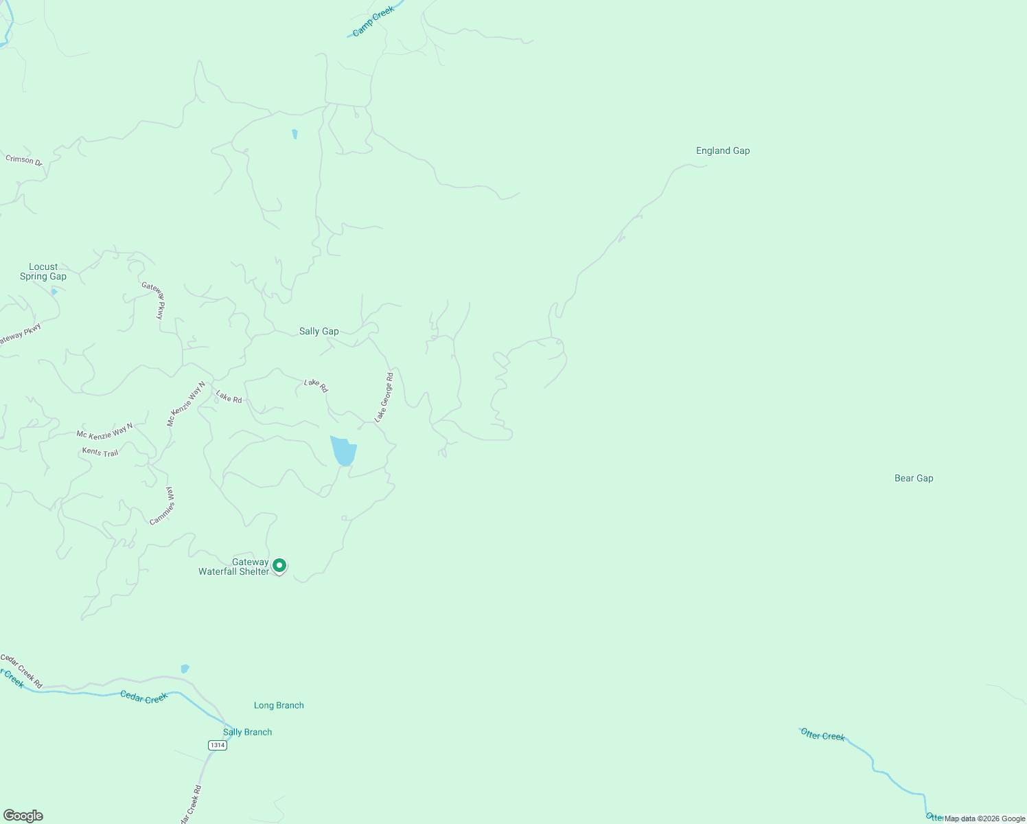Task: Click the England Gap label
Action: pyautogui.click(x=723, y=151)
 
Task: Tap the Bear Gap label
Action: pyautogui.click(x=914, y=479)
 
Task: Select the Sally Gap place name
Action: pyautogui.click(x=319, y=332)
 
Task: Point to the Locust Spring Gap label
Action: pyautogui.click(x=43, y=272)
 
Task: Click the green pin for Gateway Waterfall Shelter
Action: pyautogui.click(x=279, y=566)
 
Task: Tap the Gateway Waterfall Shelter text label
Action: pyautogui.click(x=234, y=567)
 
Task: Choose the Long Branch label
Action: pyautogui.click(x=279, y=705)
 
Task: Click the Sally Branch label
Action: pyautogui.click(x=247, y=732)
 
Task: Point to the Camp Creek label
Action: pyautogui.click(x=373, y=22)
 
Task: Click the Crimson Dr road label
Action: pyautogui.click(x=24, y=161)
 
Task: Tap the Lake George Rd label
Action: pyautogui.click(x=384, y=398)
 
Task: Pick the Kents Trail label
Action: pyautogui.click(x=100, y=453)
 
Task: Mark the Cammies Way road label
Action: pyautogui.click(x=163, y=507)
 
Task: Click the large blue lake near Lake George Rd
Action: pyautogui.click(x=343, y=450)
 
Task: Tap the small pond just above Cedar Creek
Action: pyautogui.click(x=184, y=669)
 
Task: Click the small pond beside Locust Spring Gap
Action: pyautogui.click(x=54, y=292)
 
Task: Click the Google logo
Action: pyautogui.click(x=23, y=816)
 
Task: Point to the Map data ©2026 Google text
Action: pyautogui.click(x=984, y=819)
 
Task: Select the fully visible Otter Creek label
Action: pyautogui.click(x=822, y=735)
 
